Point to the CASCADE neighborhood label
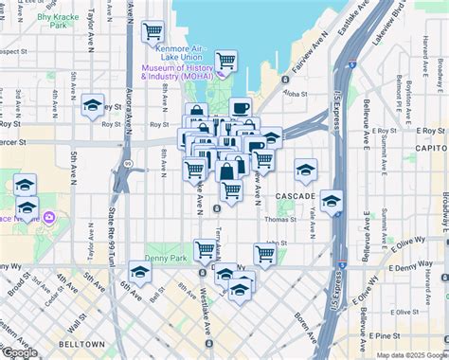click(x=296, y=195)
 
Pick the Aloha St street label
click(x=296, y=95)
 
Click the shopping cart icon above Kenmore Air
click(x=153, y=32)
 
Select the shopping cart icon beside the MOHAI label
click(x=225, y=63)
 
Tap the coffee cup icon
click(x=240, y=109)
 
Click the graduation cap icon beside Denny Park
click(x=140, y=273)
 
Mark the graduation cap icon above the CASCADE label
click(x=304, y=171)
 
